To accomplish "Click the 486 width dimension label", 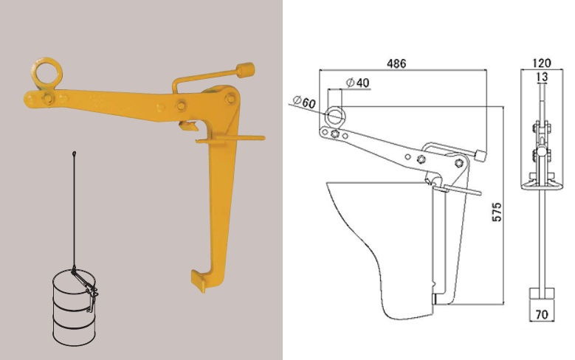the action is click(396, 63).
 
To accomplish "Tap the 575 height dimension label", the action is click(497, 212).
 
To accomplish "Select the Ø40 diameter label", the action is click(357, 83).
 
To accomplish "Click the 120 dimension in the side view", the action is click(541, 63).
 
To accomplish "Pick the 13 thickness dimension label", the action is click(542, 77).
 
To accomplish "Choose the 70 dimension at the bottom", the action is click(542, 314).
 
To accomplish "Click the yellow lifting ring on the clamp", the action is click(47, 59).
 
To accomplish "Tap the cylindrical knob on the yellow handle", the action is click(246, 70).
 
